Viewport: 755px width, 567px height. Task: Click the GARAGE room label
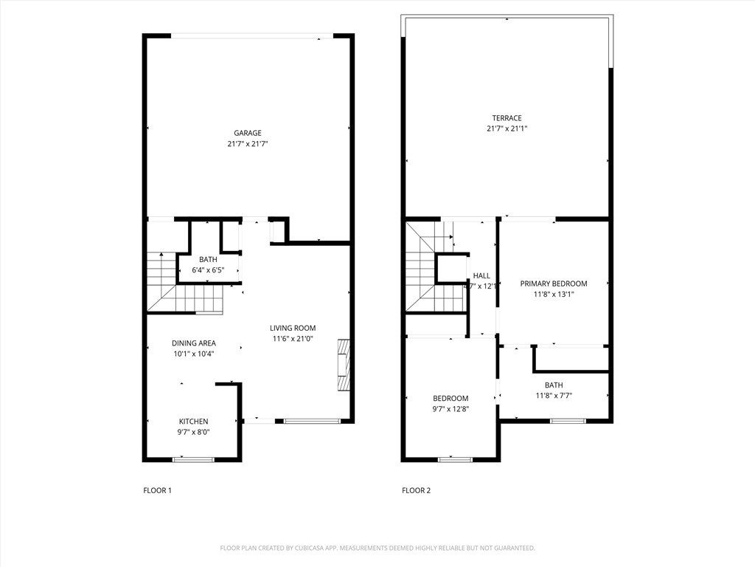point(248,133)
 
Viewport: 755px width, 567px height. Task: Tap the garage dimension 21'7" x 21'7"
point(248,144)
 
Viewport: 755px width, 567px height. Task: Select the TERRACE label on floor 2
point(507,118)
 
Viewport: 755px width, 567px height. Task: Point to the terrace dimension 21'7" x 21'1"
point(507,128)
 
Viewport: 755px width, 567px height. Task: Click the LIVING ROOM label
point(293,329)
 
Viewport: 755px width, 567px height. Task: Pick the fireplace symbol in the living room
point(343,365)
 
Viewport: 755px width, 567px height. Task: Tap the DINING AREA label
point(194,343)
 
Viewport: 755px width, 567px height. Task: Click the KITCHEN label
point(194,422)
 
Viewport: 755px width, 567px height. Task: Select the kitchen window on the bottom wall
point(193,459)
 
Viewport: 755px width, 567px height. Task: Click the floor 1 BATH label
point(208,259)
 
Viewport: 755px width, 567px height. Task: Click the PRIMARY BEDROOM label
point(554,283)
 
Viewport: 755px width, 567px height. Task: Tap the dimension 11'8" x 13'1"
point(554,294)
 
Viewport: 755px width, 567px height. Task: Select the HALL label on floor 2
point(481,275)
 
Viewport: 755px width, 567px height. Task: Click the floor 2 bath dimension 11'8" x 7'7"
point(554,395)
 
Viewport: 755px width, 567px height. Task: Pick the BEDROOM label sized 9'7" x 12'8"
point(450,399)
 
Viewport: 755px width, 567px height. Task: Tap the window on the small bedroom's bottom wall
point(455,459)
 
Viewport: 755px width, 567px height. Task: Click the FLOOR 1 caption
point(157,490)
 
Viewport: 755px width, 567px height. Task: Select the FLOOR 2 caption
point(416,490)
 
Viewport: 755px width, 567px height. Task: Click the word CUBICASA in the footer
point(309,548)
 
